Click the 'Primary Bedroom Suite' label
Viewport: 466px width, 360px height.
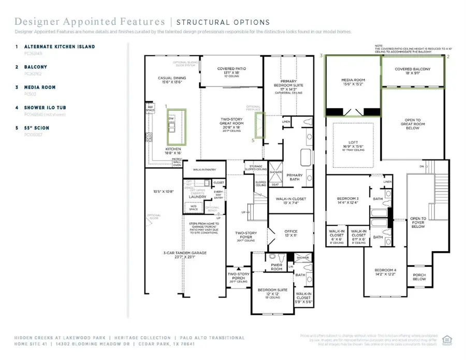click(288, 84)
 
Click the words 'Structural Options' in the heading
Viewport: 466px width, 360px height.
click(223, 22)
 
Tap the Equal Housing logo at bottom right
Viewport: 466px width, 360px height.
click(447, 339)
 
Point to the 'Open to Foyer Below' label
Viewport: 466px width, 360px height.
click(418, 223)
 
